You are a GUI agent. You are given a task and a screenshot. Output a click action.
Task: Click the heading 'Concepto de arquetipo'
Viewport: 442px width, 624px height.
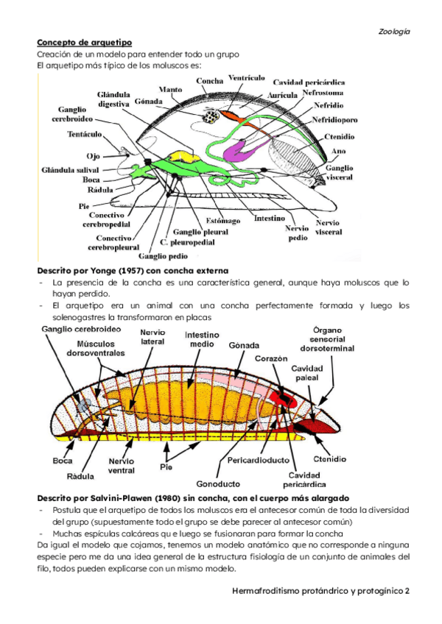(85, 43)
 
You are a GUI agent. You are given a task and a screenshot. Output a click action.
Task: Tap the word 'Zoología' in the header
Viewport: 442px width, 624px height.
(394, 32)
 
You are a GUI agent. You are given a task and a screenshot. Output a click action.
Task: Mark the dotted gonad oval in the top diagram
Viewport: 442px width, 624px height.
(211, 116)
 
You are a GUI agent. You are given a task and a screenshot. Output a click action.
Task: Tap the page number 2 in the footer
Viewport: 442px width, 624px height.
(406, 591)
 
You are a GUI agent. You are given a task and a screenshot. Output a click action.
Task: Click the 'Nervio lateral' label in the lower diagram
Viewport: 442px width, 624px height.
(152, 336)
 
